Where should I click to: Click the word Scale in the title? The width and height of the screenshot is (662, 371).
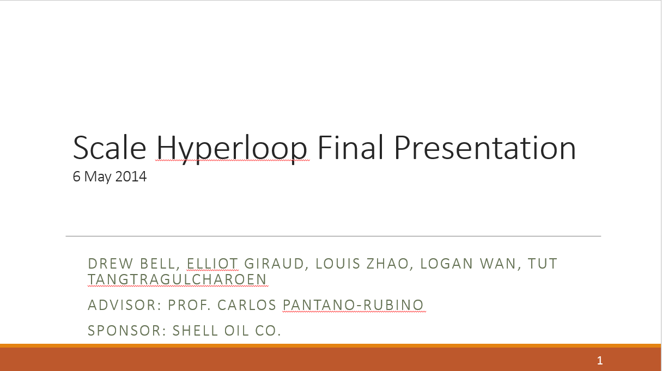tap(109, 147)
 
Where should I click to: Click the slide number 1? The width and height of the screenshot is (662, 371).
tap(600, 360)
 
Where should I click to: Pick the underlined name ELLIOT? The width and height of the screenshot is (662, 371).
tap(212, 264)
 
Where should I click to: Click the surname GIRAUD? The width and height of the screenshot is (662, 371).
tap(272, 264)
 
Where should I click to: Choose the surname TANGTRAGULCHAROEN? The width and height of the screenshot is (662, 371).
tap(178, 279)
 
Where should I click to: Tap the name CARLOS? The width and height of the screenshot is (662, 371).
tap(249, 305)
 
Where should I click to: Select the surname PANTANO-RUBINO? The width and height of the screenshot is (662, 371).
tap(353, 305)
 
